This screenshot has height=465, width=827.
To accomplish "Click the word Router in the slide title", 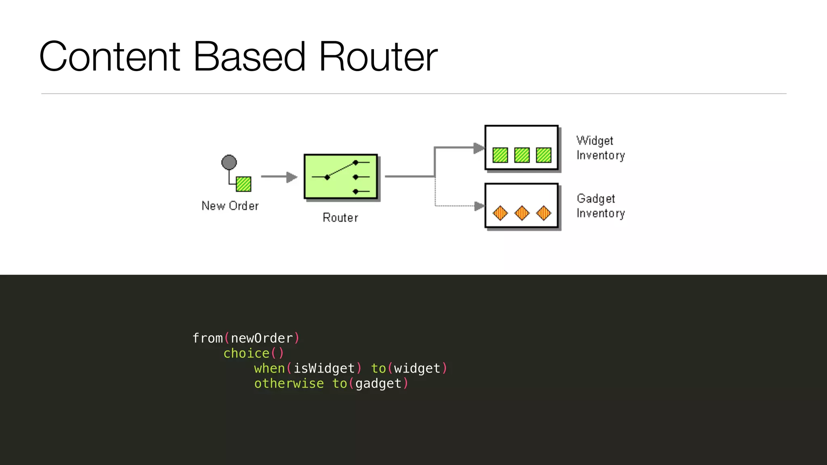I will click(x=378, y=57).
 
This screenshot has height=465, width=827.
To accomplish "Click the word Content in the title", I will click(x=109, y=57).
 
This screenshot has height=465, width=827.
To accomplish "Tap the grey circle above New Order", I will click(x=229, y=162).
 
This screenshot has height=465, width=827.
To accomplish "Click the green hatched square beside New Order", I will click(x=243, y=184).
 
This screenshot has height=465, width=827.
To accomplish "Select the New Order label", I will click(x=230, y=206).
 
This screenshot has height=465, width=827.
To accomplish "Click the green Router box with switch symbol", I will click(x=341, y=176).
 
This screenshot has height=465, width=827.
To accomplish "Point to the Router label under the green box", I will click(x=340, y=218).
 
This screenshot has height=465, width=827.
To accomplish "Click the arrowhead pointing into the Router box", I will click(x=291, y=177).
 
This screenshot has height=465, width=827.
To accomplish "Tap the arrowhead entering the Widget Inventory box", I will click(x=479, y=148).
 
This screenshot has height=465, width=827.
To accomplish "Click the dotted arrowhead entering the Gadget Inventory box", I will click(x=479, y=206).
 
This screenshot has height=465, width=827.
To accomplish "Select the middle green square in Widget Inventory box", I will click(x=522, y=155).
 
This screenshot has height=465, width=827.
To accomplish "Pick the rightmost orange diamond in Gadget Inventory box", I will click(x=544, y=213).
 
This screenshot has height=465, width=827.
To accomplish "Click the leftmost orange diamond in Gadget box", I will click(x=500, y=213).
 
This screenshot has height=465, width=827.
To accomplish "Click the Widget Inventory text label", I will click(x=600, y=148).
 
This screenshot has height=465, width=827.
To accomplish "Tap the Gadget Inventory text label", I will click(x=600, y=206).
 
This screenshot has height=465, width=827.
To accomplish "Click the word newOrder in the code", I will click(x=262, y=338).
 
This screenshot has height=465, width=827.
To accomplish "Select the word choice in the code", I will click(x=246, y=353).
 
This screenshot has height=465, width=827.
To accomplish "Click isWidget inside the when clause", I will click(x=324, y=369).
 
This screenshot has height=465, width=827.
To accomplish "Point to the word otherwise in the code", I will click(x=289, y=383).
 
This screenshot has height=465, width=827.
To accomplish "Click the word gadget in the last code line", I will click(x=378, y=383).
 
